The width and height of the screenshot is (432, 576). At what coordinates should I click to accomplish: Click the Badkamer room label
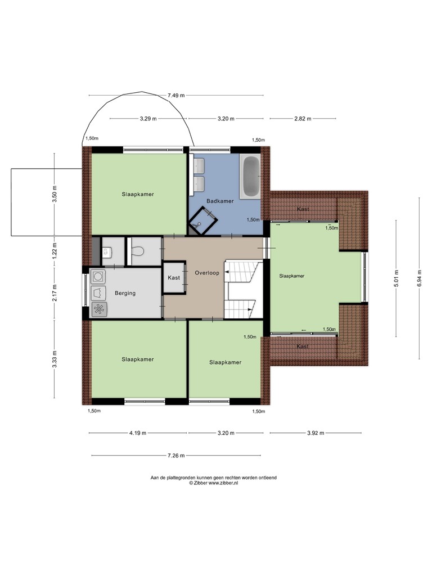click(x=220, y=201)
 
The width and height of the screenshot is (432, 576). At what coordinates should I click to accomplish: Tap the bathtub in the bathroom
click(x=250, y=177)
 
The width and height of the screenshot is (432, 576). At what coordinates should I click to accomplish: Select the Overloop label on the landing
click(x=207, y=273)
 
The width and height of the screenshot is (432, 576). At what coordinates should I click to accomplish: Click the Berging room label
click(x=125, y=293)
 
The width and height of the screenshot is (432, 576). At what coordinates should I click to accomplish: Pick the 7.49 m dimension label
click(x=176, y=96)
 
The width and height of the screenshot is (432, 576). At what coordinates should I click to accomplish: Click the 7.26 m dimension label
click(x=176, y=456)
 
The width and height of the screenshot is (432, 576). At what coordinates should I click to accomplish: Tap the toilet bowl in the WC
click(x=137, y=251)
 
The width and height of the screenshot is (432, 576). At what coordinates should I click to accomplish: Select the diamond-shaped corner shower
click(x=202, y=220)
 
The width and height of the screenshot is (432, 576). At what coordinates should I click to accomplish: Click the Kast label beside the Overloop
click(x=174, y=278)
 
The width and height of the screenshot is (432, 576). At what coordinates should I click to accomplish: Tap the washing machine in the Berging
click(x=98, y=276)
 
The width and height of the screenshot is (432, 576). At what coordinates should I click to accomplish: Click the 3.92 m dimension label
click(x=316, y=433)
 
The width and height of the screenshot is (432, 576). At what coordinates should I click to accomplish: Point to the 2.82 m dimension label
click(x=303, y=119)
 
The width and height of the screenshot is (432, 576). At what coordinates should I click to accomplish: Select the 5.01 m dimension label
click(x=396, y=278)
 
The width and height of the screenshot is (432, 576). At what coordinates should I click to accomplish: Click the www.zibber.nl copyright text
click(x=213, y=483)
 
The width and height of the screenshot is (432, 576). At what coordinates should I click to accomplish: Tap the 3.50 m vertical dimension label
click(x=55, y=194)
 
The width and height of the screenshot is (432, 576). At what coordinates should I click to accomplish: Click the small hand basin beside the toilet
click(x=106, y=252)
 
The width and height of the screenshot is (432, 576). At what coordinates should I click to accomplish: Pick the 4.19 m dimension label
click(x=137, y=433)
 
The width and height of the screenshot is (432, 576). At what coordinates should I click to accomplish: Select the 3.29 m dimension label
click(x=148, y=119)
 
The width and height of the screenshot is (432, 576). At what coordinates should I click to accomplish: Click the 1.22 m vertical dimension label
click(x=55, y=251)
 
